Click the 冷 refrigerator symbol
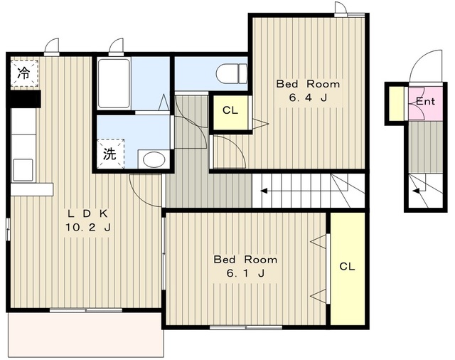[24, 73]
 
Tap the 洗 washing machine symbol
[110, 154]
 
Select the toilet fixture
[232, 73]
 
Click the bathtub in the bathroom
[114, 84]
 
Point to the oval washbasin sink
[154, 159]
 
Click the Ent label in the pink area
[425, 101]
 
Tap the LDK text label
[87, 213]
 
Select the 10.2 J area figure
[87, 228]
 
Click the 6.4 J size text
[308, 97]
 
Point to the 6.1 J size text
[245, 273]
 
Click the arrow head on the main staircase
[264, 191]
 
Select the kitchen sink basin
[23, 170]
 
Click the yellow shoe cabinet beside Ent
[396, 103]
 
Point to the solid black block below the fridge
[24, 99]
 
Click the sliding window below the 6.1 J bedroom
[246, 327]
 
